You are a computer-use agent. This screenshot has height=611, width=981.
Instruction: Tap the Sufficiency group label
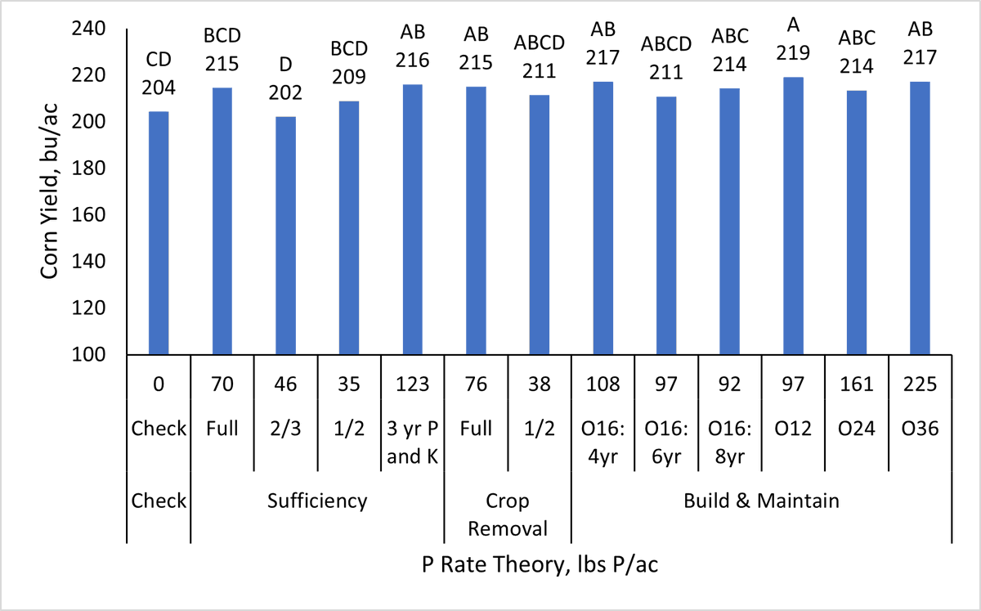pos(317,501)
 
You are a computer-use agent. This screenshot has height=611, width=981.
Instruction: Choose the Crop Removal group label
pos(507,514)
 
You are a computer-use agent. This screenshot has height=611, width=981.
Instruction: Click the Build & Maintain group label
pos(761,501)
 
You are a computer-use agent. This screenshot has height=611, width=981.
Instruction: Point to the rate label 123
pos(412,384)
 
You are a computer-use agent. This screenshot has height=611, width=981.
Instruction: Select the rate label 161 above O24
pos(856,384)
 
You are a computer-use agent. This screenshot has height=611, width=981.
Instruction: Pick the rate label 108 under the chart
pos(602,384)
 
